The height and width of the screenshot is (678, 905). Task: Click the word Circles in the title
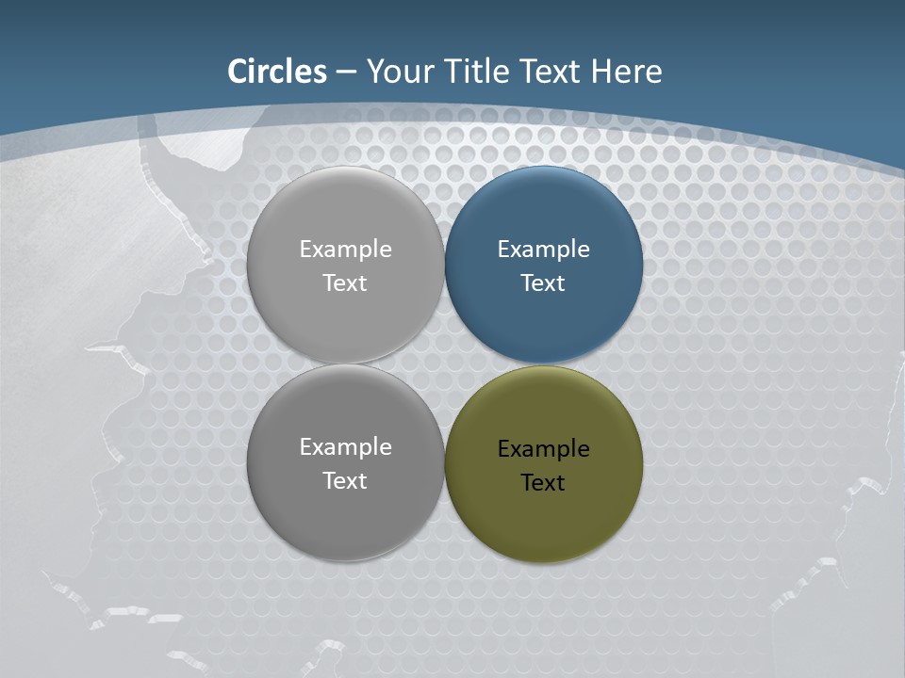(x=277, y=72)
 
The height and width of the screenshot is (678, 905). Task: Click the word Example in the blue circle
(x=543, y=250)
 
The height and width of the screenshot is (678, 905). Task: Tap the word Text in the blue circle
(x=543, y=283)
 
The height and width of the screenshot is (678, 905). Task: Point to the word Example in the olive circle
(x=543, y=449)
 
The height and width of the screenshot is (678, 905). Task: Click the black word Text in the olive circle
(x=543, y=483)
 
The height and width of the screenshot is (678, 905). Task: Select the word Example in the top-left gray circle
(x=345, y=250)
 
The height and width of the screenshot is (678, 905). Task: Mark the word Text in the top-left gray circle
(x=345, y=283)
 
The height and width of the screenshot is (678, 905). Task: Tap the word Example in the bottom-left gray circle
(x=345, y=447)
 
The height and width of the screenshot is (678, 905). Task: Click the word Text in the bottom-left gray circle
(x=345, y=481)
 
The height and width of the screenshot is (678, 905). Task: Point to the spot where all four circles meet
(x=445, y=364)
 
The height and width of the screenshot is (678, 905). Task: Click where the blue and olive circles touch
(x=544, y=364)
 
